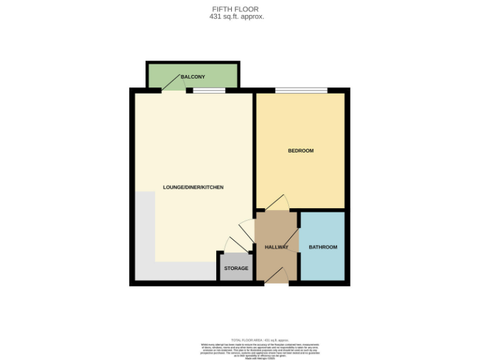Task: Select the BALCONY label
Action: [192, 77]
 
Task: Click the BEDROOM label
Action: [301, 151]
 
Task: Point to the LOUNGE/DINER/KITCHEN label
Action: [193, 187]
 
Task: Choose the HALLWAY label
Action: [276, 247]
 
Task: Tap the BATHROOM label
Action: [323, 247]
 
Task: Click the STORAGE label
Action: [236, 269]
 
